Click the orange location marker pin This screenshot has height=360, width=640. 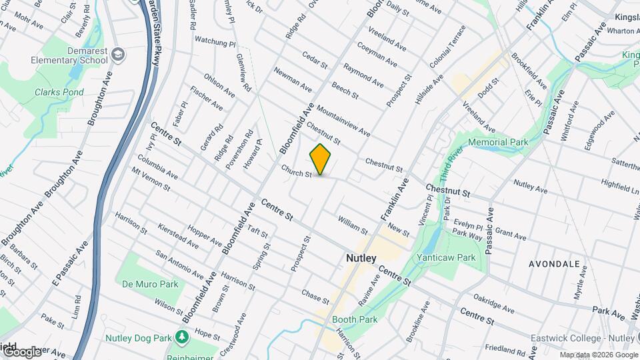click(x=321, y=159)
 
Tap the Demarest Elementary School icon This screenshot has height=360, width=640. click(x=119, y=53)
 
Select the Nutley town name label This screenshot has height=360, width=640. click(x=361, y=257)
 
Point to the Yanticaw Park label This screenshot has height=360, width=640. click(x=445, y=257)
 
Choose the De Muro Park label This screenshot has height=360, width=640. click(x=150, y=284)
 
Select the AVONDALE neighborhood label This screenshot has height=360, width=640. click(x=554, y=264)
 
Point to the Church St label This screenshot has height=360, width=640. click(x=296, y=171)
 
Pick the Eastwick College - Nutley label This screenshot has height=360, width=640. click(x=584, y=339)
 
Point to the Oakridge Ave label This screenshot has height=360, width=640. click(x=493, y=303)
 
